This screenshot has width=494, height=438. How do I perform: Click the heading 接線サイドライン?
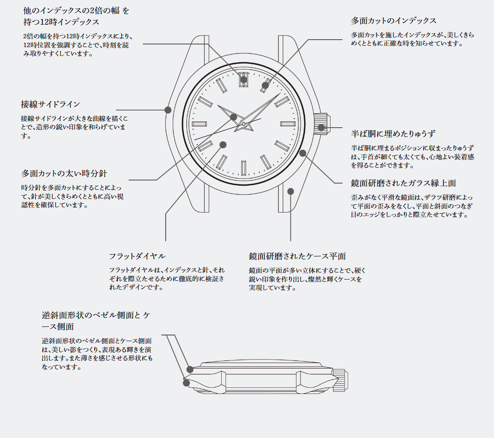(50, 104)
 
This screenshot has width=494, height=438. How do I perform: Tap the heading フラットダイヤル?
(137, 256)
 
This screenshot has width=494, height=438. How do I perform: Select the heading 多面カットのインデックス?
(394, 21)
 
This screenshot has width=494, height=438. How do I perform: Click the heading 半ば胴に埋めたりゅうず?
(393, 134)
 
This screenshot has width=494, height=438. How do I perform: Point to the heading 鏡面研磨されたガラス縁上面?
(404, 183)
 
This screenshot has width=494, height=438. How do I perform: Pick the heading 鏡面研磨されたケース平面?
(297, 256)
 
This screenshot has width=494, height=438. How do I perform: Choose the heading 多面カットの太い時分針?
(64, 173)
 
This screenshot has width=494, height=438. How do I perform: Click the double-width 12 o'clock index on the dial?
(244, 79)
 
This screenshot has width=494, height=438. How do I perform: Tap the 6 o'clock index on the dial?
(244, 168)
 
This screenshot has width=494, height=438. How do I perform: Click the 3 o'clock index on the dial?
(288, 124)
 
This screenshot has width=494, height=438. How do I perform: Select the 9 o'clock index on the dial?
(199, 124)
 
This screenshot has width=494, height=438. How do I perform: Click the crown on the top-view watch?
(321, 124)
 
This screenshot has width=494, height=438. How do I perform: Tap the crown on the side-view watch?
(340, 380)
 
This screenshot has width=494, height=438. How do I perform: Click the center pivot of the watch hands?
(244, 124)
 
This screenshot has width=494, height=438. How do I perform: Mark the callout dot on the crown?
(321, 127)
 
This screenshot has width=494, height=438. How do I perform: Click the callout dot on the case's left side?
(168, 110)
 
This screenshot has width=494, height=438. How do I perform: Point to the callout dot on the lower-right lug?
(290, 191)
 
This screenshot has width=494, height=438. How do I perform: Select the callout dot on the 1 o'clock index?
(265, 85)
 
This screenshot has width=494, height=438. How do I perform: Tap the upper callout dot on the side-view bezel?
(189, 369)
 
